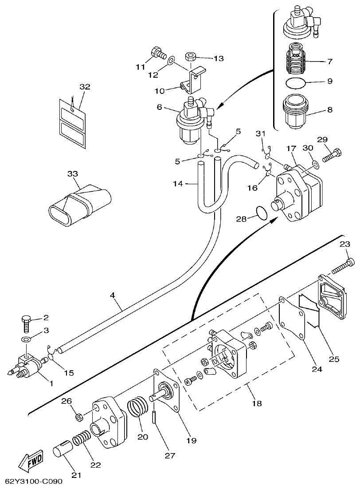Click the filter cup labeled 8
pyautogui.click(x=293, y=110)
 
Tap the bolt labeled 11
pyautogui.click(x=157, y=53)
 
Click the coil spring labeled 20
pyautogui.click(x=138, y=410)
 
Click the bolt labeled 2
pyautogui.click(x=26, y=326)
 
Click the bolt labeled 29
pyautogui.click(x=330, y=156)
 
